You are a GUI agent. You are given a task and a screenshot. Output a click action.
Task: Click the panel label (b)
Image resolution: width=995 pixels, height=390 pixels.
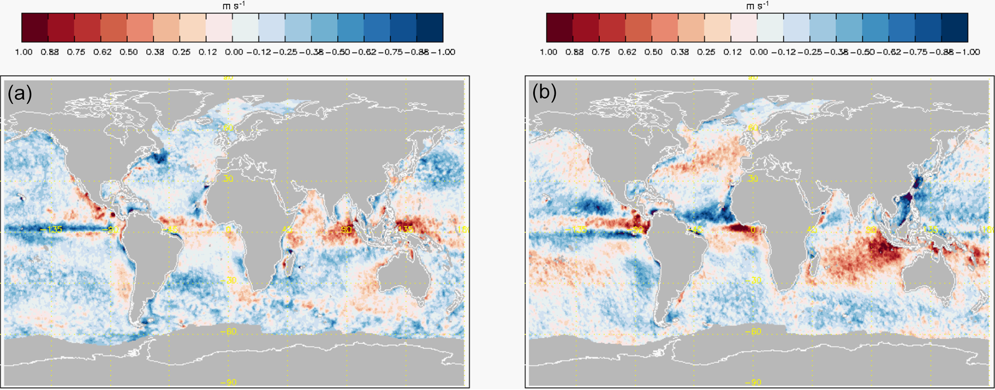coord(544,93)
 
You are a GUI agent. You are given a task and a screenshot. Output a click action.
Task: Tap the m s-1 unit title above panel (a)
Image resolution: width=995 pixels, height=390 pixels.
coord(232,5)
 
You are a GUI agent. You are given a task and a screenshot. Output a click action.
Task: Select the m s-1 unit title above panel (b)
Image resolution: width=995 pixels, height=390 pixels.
coord(757,5)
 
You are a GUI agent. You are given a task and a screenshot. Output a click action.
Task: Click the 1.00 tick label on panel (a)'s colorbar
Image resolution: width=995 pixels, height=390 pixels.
coord(24,52)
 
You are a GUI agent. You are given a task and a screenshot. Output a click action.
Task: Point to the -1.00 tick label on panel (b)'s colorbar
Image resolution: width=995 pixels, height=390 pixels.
coord(967,52)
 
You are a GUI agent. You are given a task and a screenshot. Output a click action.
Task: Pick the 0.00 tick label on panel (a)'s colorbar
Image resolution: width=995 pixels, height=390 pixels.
coord(234,52)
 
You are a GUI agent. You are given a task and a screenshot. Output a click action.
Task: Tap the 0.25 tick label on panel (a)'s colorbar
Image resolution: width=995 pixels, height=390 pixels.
coord(181,52)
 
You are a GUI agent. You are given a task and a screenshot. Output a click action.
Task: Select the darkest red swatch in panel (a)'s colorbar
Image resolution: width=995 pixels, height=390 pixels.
coord(35,28)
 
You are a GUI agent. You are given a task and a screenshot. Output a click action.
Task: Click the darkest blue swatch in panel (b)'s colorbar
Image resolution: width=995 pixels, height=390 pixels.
coord(954,28)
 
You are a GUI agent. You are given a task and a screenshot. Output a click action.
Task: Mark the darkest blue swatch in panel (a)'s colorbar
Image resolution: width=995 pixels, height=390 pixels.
coord(429,28)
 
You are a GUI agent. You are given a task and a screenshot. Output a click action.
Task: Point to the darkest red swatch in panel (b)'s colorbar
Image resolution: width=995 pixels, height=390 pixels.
coord(559,28)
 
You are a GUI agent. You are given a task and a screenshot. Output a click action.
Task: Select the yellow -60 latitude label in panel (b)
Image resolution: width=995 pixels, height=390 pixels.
coord(754,332)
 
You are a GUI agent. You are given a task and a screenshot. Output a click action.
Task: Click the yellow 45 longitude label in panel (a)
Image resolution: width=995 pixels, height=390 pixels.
coord(287,230)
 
